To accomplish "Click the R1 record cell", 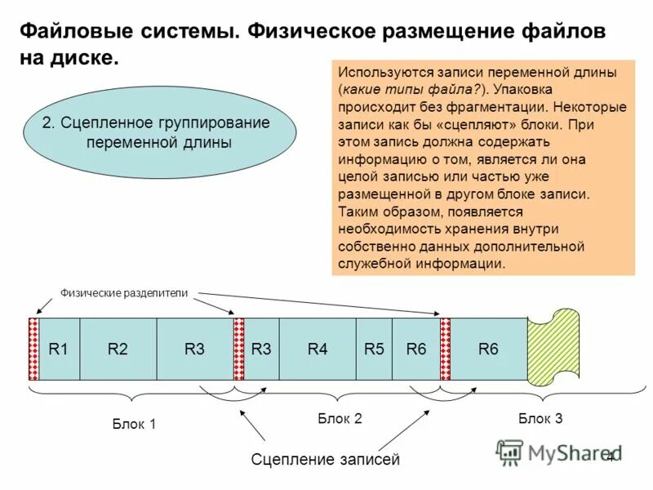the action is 59,349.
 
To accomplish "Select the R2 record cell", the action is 118,349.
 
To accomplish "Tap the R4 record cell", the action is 318,349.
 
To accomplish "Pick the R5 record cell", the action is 374,349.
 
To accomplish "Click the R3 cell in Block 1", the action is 194,349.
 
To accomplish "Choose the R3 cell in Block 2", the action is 261,349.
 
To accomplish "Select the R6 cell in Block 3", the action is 488,349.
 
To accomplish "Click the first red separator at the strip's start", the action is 33,349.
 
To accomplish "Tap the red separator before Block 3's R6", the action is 446,349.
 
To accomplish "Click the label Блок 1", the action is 134,424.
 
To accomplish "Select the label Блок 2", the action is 340,418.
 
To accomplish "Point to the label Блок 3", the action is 540,418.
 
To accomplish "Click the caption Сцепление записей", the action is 326,460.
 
